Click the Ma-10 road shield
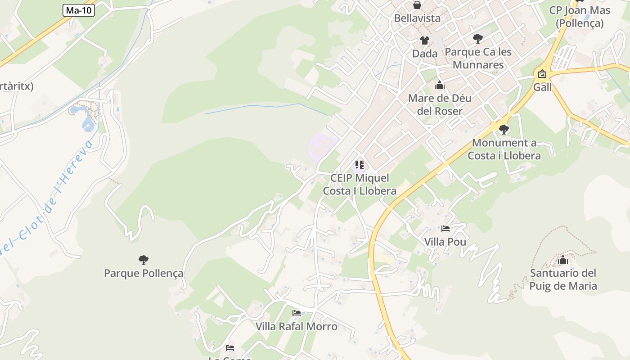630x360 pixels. click(x=79, y=10)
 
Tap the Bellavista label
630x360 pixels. click(x=417, y=18)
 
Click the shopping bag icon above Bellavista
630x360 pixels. click(x=417, y=5)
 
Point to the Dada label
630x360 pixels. click(x=425, y=54)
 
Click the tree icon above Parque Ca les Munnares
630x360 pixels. click(x=478, y=39)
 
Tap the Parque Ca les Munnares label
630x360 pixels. click(x=478, y=58)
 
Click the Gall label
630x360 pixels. click(x=542, y=87)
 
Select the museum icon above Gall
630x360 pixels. click(x=542, y=74)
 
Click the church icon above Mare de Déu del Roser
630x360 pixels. click(x=440, y=85)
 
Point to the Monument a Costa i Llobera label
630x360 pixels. click(x=504, y=149)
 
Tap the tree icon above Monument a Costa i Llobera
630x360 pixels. click(x=504, y=130)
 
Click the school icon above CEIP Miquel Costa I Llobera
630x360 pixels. click(x=359, y=165)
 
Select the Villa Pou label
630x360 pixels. click(x=445, y=242)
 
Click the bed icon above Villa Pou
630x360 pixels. click(x=445, y=229)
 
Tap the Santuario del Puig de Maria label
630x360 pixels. click(x=563, y=279)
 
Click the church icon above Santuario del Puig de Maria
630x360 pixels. click(x=563, y=260)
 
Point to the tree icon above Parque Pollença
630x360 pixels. click(x=144, y=260)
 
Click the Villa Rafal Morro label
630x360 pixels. click(x=297, y=326)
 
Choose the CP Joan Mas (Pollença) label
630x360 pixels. click(x=580, y=17)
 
